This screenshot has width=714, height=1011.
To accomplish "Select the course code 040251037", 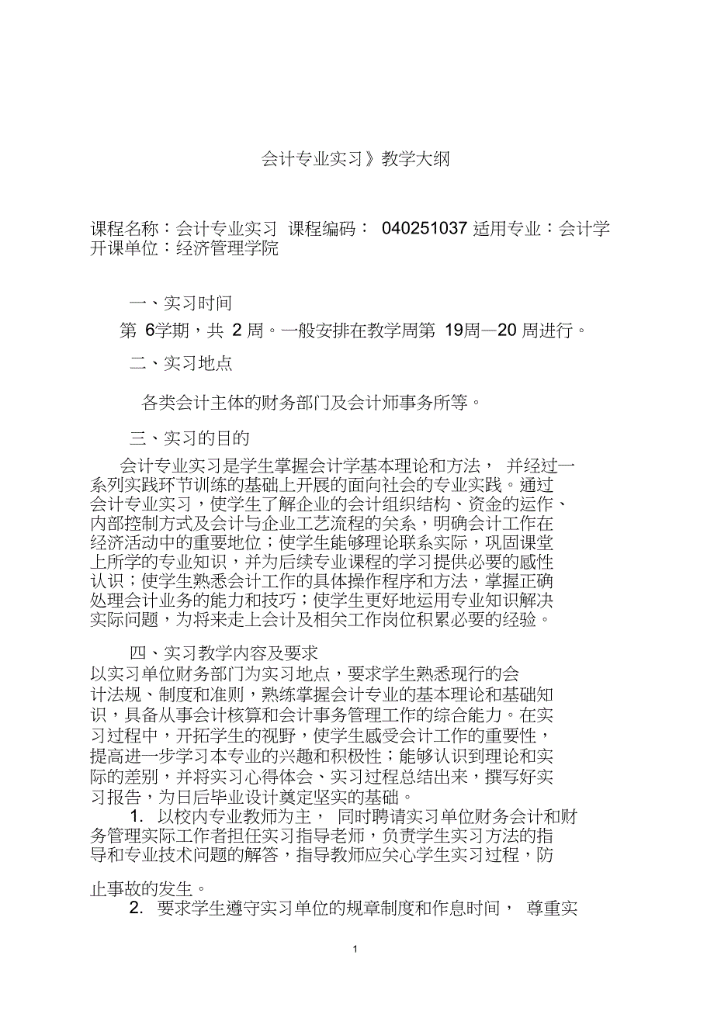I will click(425, 229).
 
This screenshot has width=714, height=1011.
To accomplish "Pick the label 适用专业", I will click(507, 229).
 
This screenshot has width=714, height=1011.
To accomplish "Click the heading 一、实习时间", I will click(180, 303).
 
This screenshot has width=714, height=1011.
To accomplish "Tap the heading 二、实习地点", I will click(180, 362).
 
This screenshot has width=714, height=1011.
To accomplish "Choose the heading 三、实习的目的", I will click(189, 438).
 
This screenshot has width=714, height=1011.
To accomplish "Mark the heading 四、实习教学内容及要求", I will click(224, 653).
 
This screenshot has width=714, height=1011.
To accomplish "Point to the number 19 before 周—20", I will click(452, 331).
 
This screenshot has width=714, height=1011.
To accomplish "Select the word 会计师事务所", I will click(397, 402).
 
